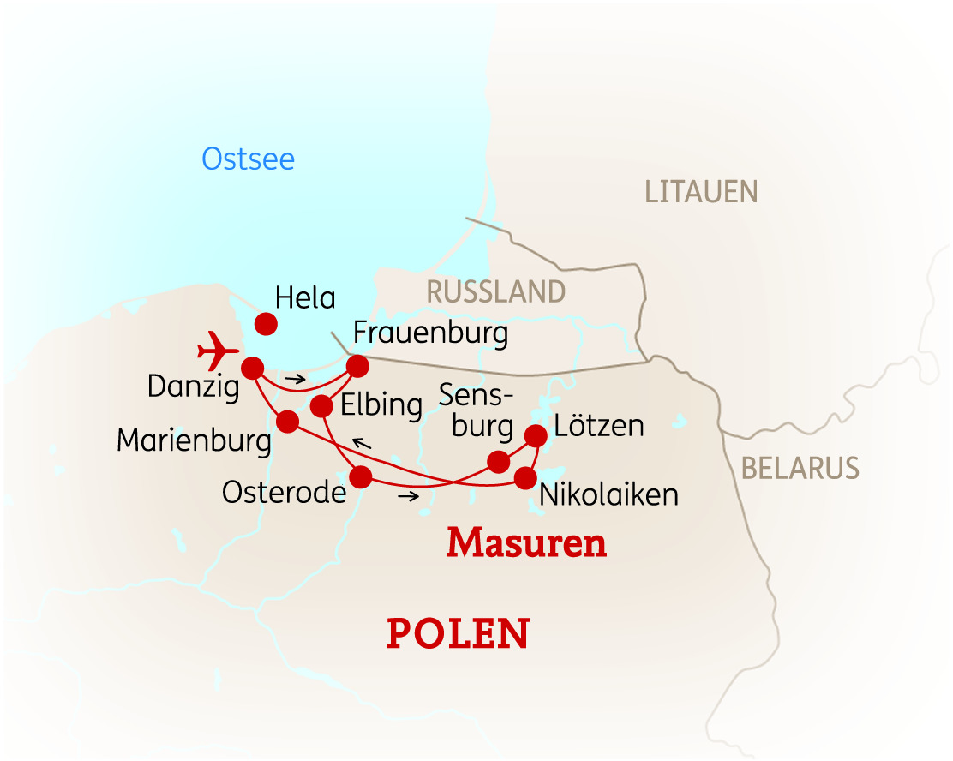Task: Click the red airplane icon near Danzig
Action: point(218,351)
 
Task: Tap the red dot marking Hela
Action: point(266,324)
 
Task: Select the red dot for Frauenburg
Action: point(357,367)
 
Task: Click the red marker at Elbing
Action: point(321,404)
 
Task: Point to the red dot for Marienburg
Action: point(287,421)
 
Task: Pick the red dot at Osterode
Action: point(361,476)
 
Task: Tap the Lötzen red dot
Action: point(536,435)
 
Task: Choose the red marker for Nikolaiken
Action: point(524,478)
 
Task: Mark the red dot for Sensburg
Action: point(498,463)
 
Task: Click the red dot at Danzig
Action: point(252,369)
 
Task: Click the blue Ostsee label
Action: point(249,159)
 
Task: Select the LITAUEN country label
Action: point(701,192)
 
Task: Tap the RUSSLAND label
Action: point(496,292)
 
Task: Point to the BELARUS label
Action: point(800,468)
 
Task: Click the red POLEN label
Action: point(459,633)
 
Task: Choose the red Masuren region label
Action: point(526,543)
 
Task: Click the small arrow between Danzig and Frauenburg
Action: point(296,378)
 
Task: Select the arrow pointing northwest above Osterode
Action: point(362,443)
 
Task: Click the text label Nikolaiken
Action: point(608,494)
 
